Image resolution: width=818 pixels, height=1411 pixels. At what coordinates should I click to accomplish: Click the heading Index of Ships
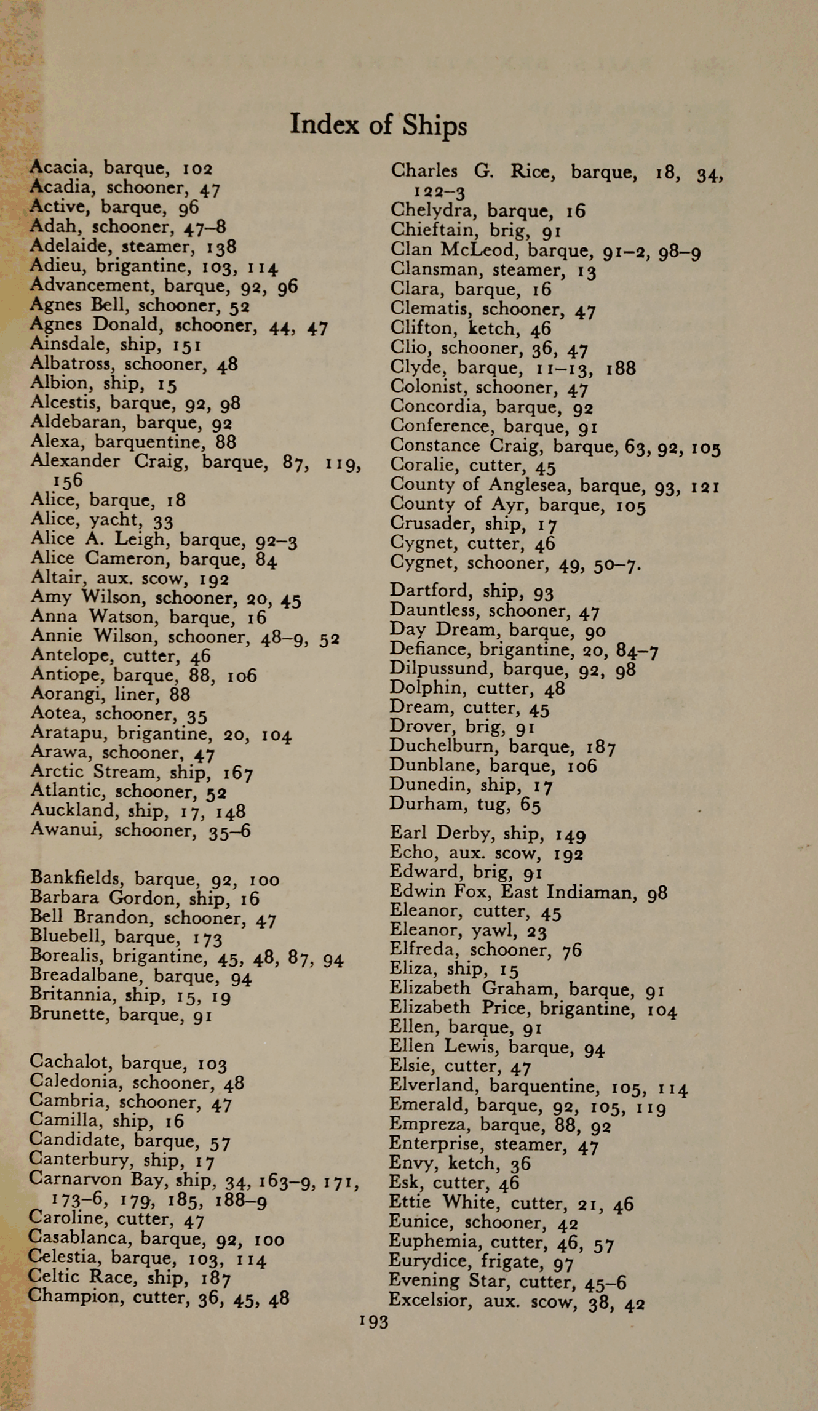point(378,125)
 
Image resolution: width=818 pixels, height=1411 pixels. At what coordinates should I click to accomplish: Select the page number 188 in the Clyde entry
point(621,368)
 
